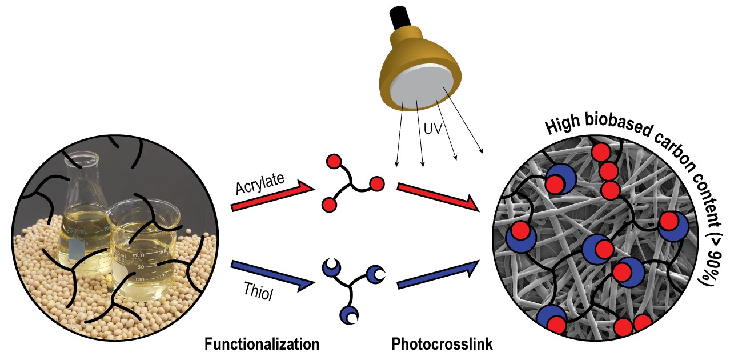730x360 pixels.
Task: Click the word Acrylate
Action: point(260,183)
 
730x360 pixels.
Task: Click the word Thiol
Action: point(258,291)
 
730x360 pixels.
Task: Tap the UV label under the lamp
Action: point(433,129)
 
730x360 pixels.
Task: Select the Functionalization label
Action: point(262,345)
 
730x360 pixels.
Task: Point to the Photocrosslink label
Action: point(442,345)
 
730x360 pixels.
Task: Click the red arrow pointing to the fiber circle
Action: point(439,197)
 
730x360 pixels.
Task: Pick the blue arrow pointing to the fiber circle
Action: point(439,274)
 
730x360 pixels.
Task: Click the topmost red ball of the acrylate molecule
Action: point(334,162)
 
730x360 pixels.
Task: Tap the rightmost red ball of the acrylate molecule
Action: point(376,184)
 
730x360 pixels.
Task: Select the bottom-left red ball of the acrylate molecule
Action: point(329,205)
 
